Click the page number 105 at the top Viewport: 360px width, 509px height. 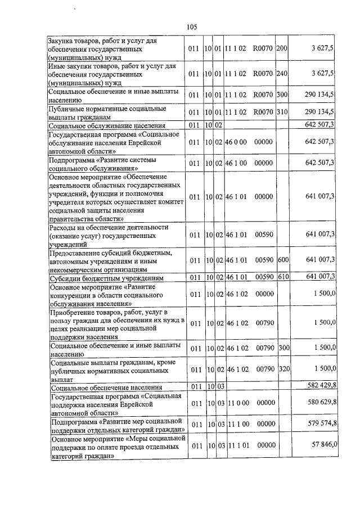[x=191, y=26]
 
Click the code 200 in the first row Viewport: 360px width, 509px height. [x=282, y=49]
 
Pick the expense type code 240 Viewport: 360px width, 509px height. [x=282, y=73]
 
